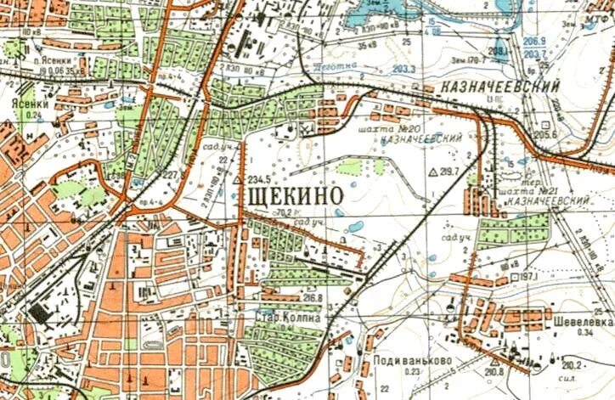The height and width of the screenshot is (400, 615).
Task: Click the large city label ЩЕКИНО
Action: pos(294,194)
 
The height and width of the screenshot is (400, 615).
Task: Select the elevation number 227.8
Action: pos(173,176)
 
